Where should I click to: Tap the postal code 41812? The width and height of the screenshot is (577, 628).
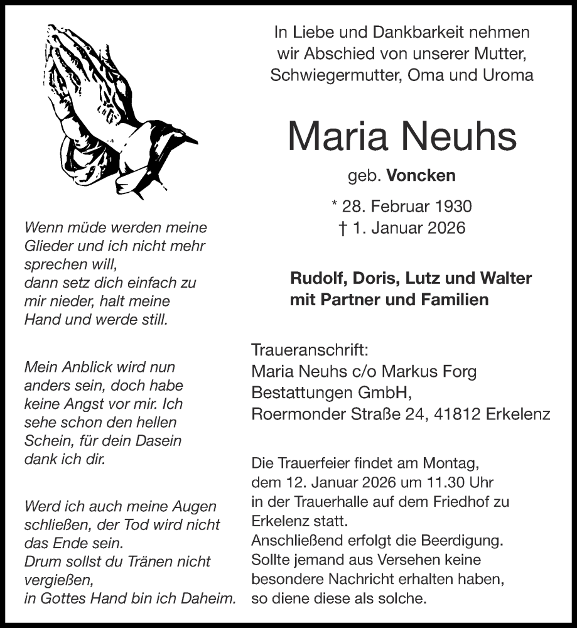[x=453, y=414]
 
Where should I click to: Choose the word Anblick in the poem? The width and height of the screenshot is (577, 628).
[x=82, y=367]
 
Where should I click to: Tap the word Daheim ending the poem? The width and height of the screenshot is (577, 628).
[x=210, y=598]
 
